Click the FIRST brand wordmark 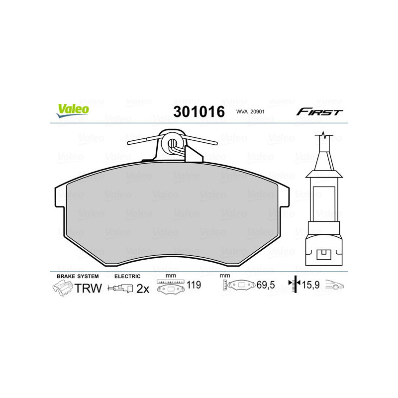pos(319,112)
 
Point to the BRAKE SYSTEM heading pos(78,276)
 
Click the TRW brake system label pos(88,288)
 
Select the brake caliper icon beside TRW pos(62,288)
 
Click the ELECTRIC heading pos(127,276)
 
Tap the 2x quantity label pos(143,289)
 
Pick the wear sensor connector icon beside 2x pos(121,289)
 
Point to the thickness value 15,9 pos(311,286)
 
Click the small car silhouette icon pos(335,286)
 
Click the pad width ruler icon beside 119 pos(170,287)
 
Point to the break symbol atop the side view pos(324,135)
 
